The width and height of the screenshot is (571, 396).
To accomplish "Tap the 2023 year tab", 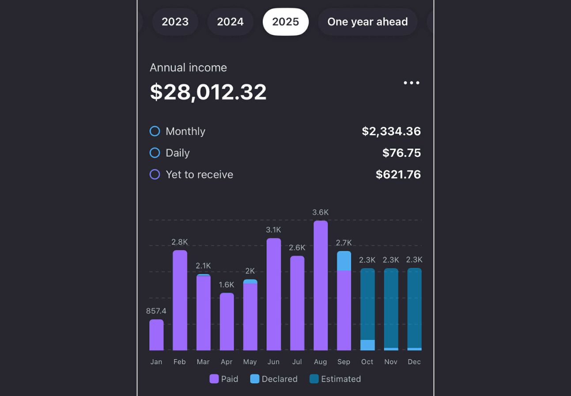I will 175,22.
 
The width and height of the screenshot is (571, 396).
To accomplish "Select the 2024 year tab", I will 230,22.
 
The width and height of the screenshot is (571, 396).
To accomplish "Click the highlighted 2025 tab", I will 285,22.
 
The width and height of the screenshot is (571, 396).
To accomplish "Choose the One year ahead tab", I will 367,22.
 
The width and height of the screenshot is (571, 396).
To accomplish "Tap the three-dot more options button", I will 411,83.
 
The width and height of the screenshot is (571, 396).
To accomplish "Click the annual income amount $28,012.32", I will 208,92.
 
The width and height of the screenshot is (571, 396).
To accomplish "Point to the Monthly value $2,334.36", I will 391,131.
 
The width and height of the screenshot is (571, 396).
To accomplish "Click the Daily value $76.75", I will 401,153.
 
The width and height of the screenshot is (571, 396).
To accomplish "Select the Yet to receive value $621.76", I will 398,175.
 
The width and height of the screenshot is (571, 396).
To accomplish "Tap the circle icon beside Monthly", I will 155,131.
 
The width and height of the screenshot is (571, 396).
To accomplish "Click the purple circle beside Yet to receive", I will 155,175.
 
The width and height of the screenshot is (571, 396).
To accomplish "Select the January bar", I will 156,335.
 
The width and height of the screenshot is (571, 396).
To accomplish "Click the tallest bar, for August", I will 321,285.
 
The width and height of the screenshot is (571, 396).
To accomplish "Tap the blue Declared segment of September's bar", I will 344,261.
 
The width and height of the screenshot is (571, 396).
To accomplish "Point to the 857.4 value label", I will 156,311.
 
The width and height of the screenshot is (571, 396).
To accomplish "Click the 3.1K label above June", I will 273,230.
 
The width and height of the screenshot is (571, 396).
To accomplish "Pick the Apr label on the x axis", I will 227,362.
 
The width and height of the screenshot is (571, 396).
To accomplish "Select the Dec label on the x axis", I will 414,362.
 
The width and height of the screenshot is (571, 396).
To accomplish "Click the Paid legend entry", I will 224,379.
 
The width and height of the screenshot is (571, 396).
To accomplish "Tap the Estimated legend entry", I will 335,379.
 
